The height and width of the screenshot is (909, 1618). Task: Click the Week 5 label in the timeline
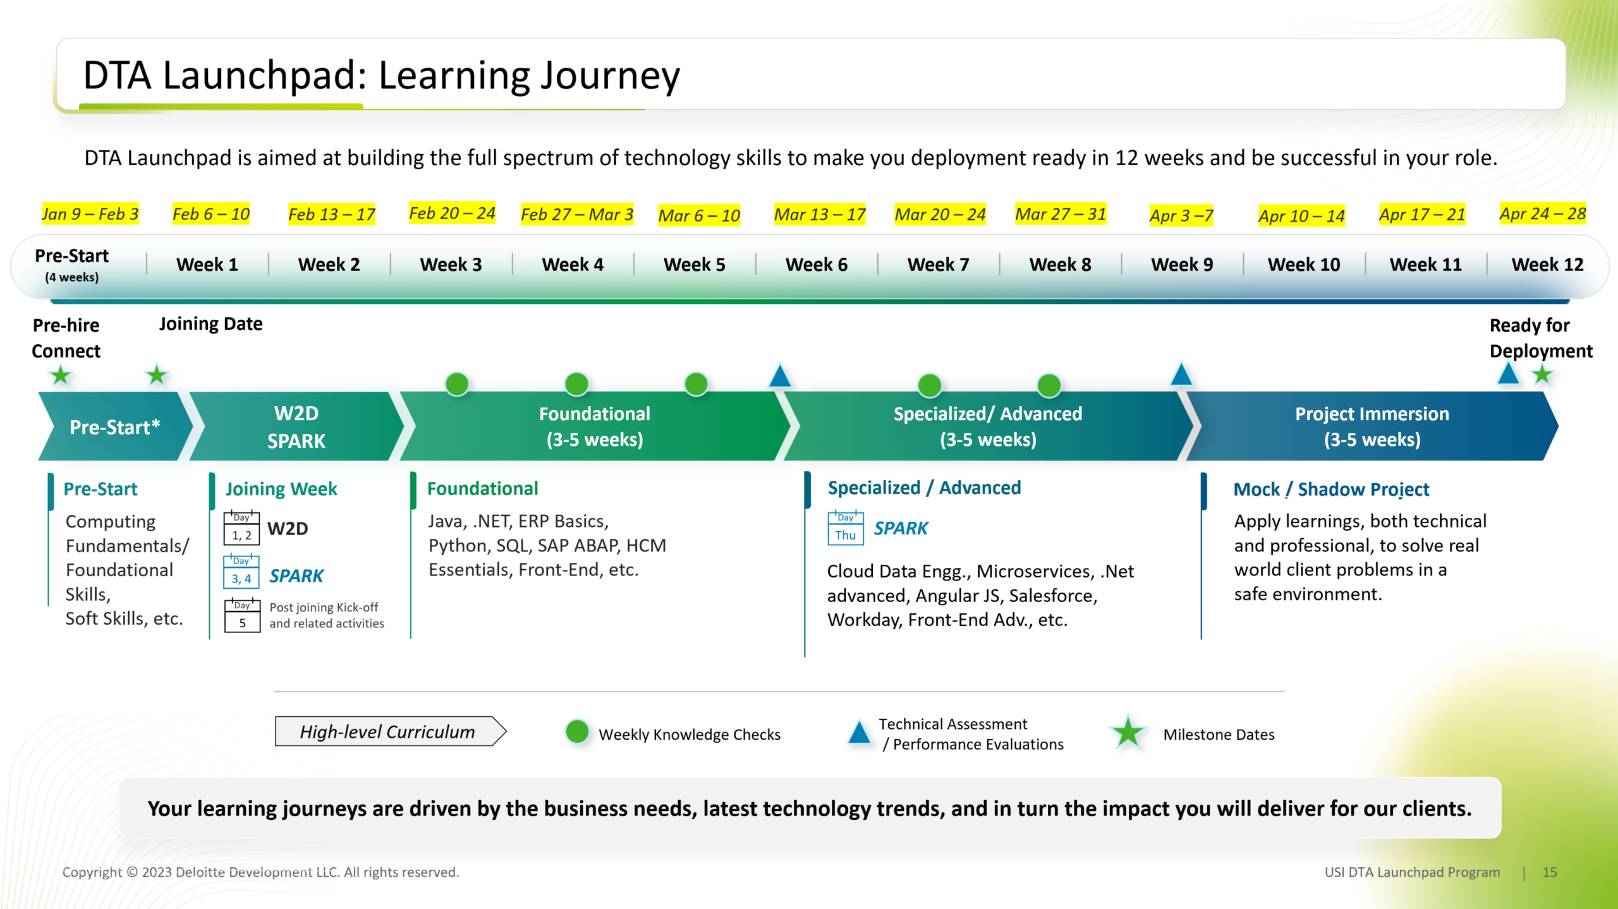[694, 265]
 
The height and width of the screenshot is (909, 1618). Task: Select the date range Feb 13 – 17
[332, 215]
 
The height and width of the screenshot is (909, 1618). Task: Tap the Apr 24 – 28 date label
[1542, 214]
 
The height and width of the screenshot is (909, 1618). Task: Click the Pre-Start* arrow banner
[114, 427]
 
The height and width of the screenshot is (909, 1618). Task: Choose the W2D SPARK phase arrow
[296, 427]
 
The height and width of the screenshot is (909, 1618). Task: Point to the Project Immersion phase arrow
[1372, 427]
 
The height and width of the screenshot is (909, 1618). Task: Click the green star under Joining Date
[157, 375]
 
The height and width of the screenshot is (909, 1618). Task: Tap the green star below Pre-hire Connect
[61, 375]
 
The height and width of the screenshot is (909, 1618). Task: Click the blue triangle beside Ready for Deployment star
[1508, 374]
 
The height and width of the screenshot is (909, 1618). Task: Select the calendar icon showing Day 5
[242, 616]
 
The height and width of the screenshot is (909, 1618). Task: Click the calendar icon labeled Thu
[845, 528]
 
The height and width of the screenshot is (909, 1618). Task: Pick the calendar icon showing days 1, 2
[241, 528]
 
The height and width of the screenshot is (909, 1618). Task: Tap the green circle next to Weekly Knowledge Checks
[577, 731]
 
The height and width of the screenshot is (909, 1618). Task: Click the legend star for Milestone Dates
[1128, 733]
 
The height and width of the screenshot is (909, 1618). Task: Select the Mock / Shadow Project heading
[1330, 490]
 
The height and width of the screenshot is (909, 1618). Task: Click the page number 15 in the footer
[1549, 872]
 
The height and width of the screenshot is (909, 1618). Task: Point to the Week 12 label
[1547, 265]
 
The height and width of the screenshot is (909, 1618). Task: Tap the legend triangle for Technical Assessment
[859, 733]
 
